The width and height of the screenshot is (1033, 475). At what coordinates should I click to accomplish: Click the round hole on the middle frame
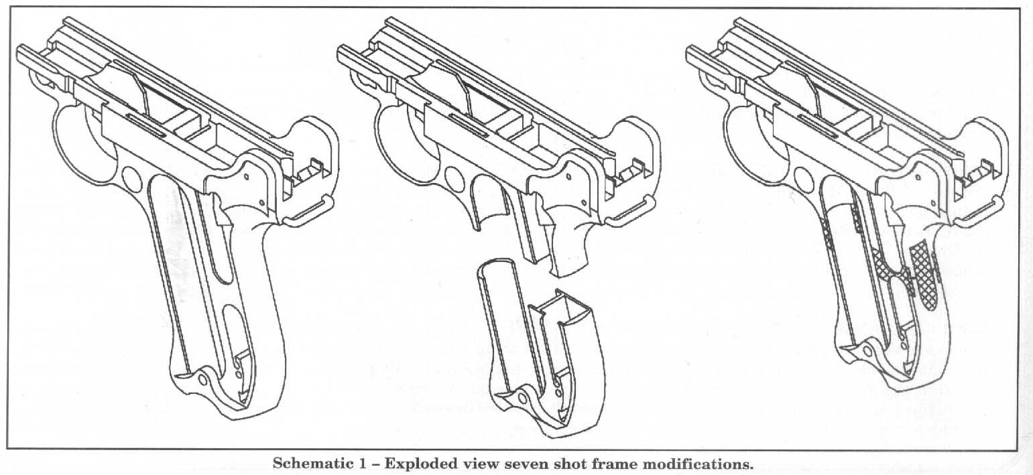tap(452, 178)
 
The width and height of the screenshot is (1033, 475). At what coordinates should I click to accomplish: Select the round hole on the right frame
tap(802, 178)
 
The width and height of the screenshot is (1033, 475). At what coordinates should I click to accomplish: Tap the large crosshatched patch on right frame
tap(924, 275)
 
